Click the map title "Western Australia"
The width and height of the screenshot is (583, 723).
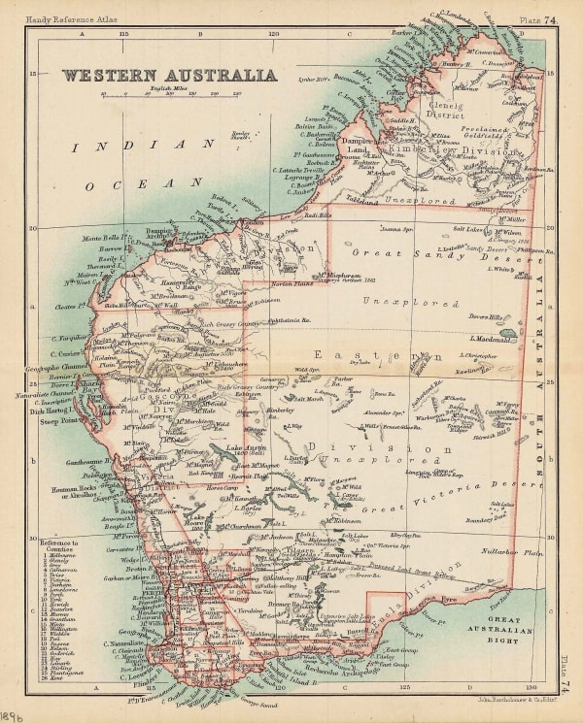pyautogui.click(x=170, y=75)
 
